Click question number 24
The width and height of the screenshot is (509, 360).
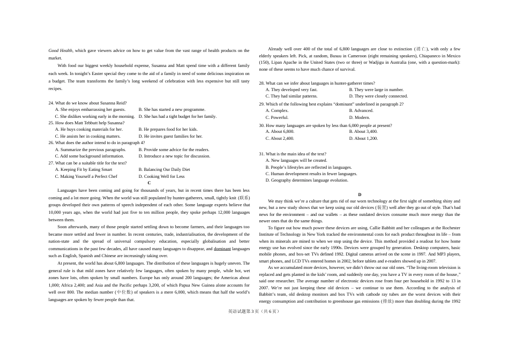tap(51, 103)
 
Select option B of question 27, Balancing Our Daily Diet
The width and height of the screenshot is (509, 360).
tap(164, 169)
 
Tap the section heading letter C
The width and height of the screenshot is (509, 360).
tap(149, 183)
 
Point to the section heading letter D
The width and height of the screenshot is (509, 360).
tap(360, 194)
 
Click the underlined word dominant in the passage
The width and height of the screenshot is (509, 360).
tap(222, 249)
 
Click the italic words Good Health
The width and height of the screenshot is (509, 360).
tap(61, 50)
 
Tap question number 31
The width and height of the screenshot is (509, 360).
tap(262, 154)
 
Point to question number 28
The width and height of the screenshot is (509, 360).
tap(262, 83)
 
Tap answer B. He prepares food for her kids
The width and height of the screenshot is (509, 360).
tap(168, 129)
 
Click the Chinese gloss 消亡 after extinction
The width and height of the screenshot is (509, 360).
tap(421, 49)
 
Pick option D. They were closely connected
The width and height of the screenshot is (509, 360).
tap(378, 96)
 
